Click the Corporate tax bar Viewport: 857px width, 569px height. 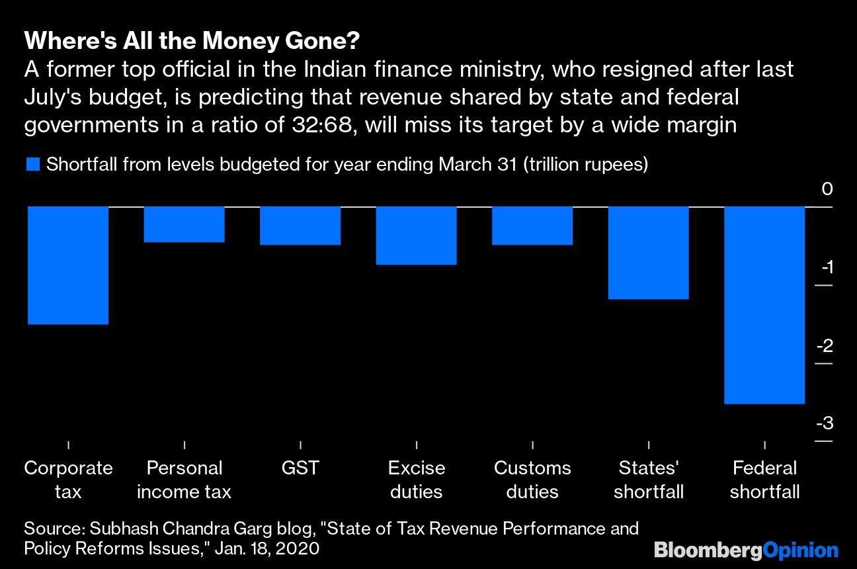(68, 265)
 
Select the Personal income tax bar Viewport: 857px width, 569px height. (184, 224)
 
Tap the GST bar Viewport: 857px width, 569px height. (300, 226)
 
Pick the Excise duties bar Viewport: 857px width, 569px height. (417, 236)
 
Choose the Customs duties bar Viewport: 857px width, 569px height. (532, 226)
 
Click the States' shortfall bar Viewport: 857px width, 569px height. (649, 253)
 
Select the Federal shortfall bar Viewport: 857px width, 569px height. (765, 305)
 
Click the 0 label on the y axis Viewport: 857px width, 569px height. (827, 190)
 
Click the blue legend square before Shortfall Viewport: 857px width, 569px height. (33, 165)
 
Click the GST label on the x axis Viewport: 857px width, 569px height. (300, 468)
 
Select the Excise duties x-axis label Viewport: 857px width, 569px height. (417, 480)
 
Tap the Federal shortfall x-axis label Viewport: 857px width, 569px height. (765, 480)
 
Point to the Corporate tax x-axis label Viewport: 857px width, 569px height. (68, 480)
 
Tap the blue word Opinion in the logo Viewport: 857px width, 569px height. (801, 550)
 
